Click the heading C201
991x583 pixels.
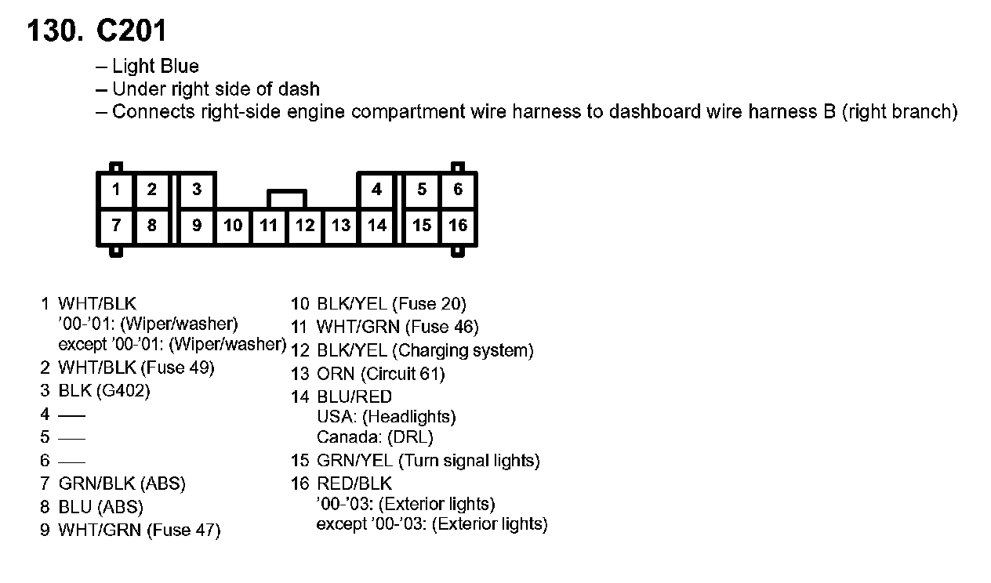coord(131,31)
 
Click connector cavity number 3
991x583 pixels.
coord(197,189)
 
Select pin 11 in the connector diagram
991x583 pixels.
coord(269,226)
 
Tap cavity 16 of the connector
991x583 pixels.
coord(458,226)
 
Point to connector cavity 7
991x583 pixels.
coord(116,226)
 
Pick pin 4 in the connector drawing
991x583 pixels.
coord(377,189)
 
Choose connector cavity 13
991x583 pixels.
coord(341,226)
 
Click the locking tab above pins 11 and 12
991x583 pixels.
coord(287,197)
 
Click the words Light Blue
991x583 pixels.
coord(155,67)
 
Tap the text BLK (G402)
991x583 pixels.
coord(103,390)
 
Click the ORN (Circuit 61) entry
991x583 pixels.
coord(380,374)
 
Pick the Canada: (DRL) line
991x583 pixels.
coord(375,436)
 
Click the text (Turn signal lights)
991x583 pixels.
coord(469,461)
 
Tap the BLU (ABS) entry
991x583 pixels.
coord(100,507)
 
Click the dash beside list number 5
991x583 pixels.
coord(72,437)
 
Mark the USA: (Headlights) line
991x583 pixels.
coord(386,417)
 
